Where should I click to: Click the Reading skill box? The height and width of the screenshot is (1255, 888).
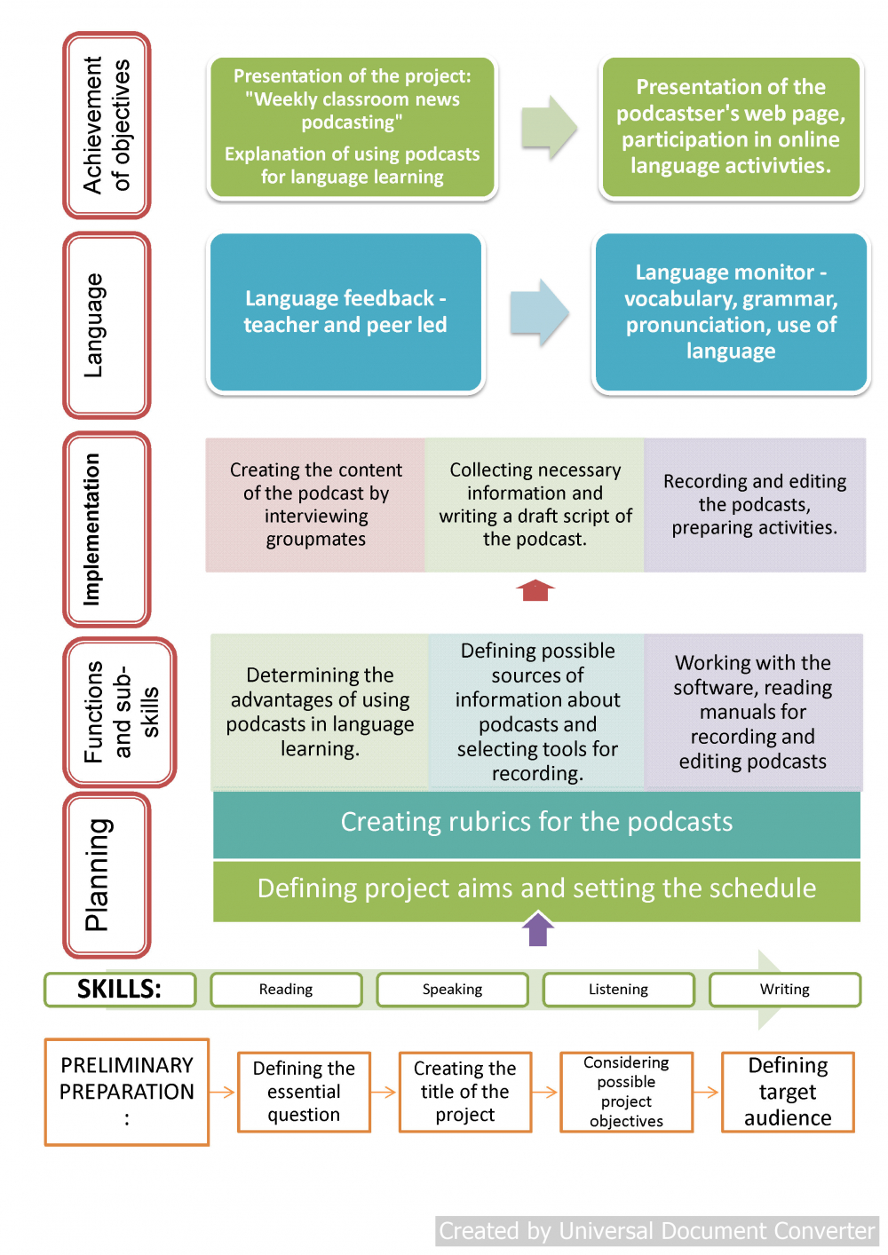click(x=286, y=990)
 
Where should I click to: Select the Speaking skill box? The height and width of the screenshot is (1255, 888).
click(x=452, y=990)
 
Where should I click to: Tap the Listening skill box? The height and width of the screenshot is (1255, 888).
click(x=618, y=990)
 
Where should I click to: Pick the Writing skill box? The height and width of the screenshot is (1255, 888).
click(x=785, y=990)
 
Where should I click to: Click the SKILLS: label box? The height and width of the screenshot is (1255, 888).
click(x=120, y=990)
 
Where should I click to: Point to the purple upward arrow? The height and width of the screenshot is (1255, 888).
click(x=538, y=929)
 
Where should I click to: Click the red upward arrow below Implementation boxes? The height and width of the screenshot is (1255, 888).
click(x=535, y=590)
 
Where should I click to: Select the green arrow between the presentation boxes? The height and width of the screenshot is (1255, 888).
click(x=550, y=127)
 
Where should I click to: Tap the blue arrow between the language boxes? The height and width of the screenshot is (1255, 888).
click(x=540, y=312)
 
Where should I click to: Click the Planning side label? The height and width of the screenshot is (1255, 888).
click(x=107, y=875)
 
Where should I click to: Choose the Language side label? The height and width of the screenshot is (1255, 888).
click(x=107, y=325)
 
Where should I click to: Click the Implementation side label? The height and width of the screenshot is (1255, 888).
click(x=107, y=529)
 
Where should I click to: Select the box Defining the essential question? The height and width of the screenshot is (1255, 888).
click(x=304, y=1092)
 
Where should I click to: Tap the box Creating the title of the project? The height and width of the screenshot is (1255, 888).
click(x=465, y=1092)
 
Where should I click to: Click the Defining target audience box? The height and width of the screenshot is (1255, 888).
click(x=788, y=1092)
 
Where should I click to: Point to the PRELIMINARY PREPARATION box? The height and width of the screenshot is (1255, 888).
click(x=127, y=1092)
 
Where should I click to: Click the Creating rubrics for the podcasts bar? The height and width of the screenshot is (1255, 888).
click(x=536, y=825)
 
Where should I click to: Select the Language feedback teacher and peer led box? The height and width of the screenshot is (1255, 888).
click(x=345, y=312)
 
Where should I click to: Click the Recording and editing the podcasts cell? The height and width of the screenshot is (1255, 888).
click(x=755, y=505)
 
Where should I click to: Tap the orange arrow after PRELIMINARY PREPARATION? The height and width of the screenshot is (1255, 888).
click(x=222, y=1092)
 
